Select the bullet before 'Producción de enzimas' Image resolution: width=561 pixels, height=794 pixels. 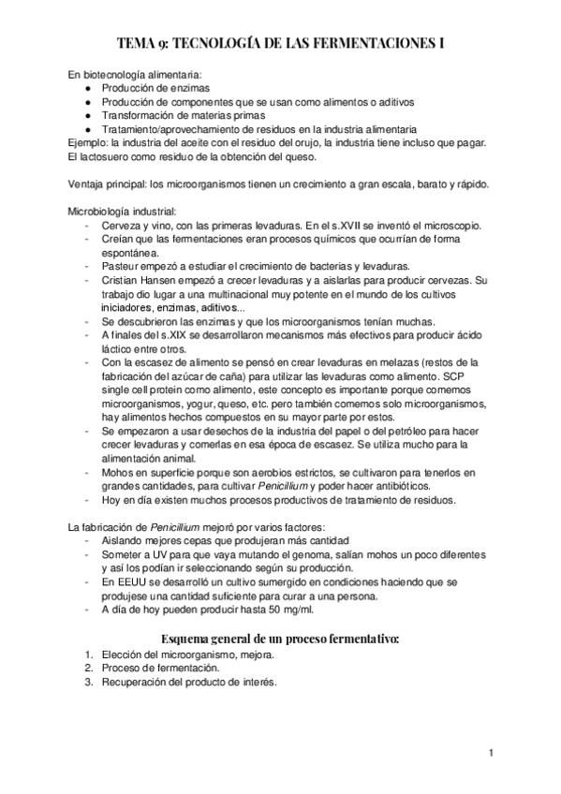(86, 88)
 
